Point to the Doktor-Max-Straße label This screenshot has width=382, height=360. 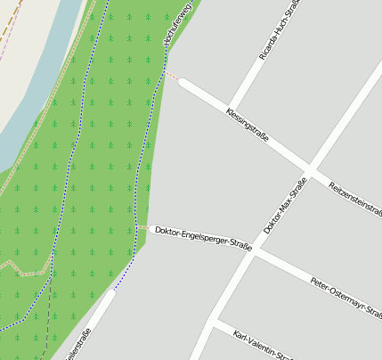[285, 204]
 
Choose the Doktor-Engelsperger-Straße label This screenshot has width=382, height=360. [203, 236]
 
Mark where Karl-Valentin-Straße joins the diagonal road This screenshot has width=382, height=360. [215, 320]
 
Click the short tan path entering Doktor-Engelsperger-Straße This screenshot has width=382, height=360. [142, 227]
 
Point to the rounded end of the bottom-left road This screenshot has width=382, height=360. [110, 292]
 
